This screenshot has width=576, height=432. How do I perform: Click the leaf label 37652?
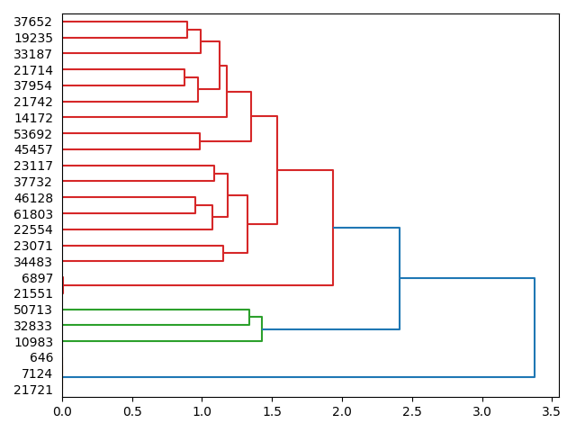(x=33, y=22)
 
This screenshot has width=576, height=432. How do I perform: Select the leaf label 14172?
(x=33, y=118)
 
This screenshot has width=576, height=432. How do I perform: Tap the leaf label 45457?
(x=33, y=149)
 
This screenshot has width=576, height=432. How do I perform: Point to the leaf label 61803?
(x=33, y=214)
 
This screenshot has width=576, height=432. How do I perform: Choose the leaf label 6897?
(x=37, y=278)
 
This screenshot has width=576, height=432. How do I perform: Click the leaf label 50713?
(x=33, y=310)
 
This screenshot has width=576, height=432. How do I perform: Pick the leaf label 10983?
(x=33, y=342)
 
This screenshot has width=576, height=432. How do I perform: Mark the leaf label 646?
(x=41, y=358)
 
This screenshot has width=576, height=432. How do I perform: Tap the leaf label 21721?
(x=33, y=390)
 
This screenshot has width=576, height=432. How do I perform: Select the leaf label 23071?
(x=33, y=246)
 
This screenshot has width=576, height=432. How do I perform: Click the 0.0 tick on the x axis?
(x=62, y=410)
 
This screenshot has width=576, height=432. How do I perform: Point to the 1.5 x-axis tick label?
(x=272, y=410)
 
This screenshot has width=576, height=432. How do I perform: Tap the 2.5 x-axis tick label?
(x=412, y=410)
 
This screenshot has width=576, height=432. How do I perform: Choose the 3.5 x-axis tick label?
(x=552, y=410)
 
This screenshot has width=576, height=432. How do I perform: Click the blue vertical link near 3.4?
(x=535, y=328)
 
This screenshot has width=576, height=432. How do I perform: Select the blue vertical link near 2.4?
(x=400, y=279)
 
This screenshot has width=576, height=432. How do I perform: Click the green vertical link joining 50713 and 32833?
(x=249, y=318)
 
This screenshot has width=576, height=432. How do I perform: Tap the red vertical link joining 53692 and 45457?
(x=200, y=141)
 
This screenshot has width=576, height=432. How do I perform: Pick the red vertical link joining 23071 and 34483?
(x=223, y=254)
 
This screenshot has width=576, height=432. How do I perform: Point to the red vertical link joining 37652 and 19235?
(x=187, y=30)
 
